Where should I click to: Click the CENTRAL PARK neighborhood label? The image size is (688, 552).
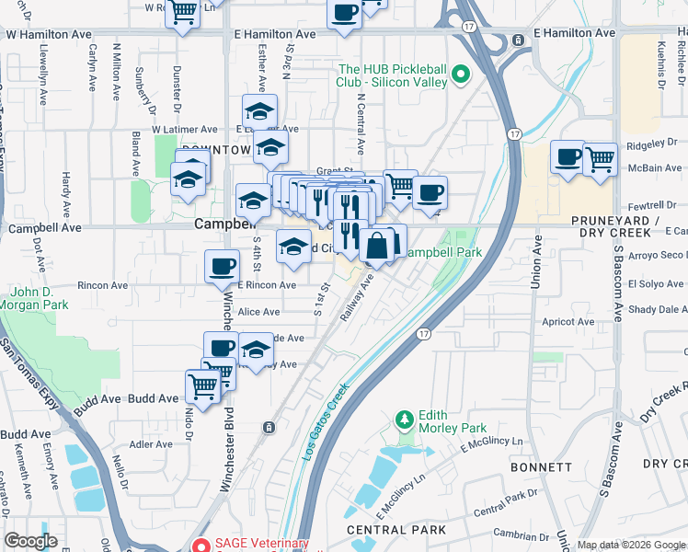396,530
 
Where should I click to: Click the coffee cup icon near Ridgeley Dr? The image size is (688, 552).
568,156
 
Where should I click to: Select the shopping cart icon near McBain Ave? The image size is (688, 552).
600,158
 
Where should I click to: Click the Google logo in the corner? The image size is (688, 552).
30,541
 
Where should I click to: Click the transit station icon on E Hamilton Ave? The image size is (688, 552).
519,40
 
